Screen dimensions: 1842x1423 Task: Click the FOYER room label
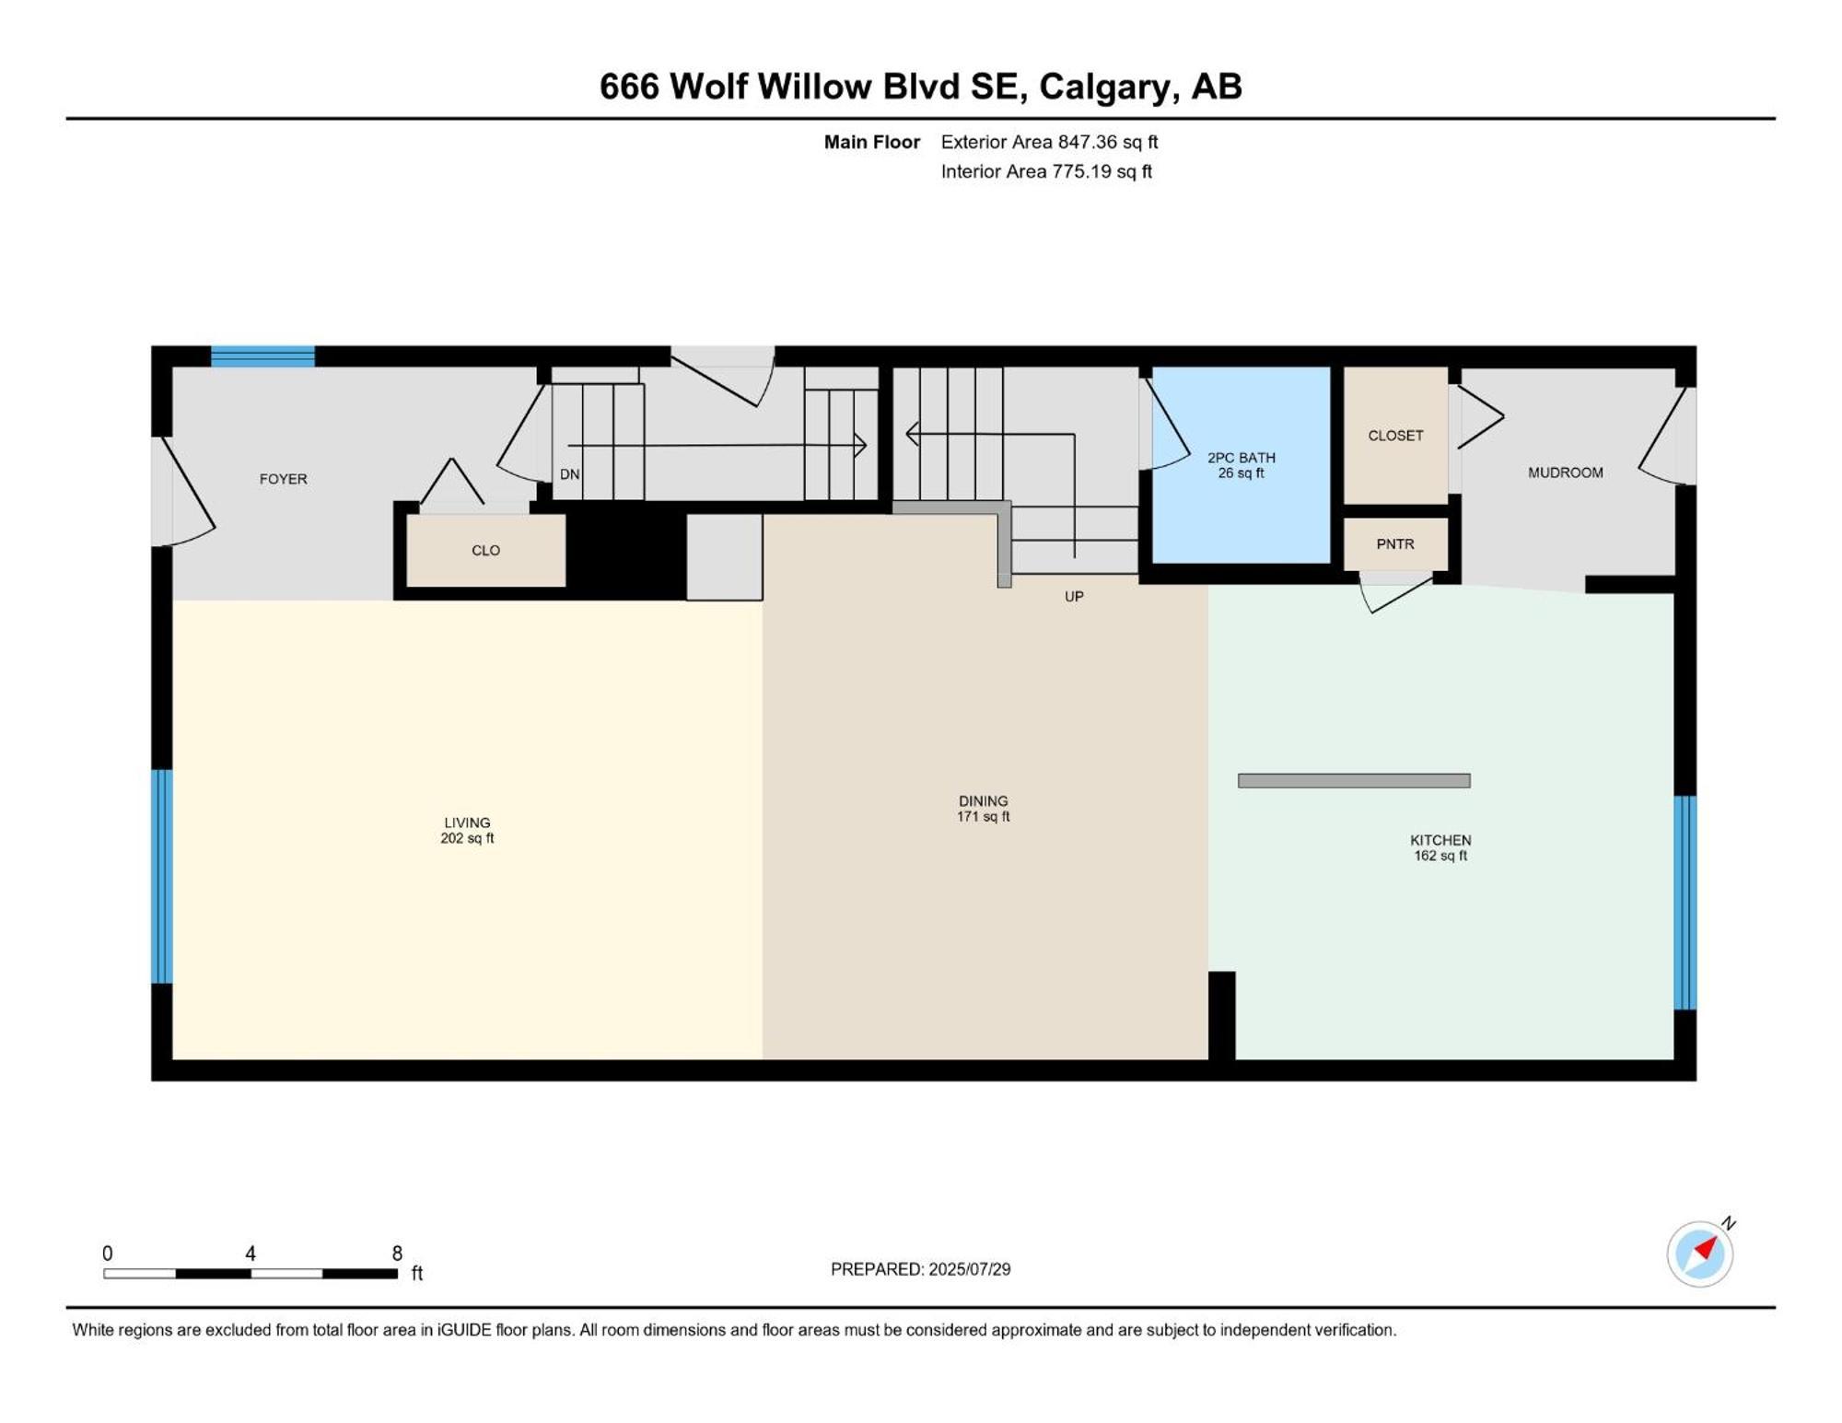pyautogui.click(x=283, y=479)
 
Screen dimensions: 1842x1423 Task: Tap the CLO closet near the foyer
pyautogui.click(x=486, y=550)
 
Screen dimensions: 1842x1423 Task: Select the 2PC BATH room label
pyautogui.click(x=1242, y=465)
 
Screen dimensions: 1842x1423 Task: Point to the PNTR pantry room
pyautogui.click(x=1395, y=544)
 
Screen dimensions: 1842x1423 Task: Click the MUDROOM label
pyautogui.click(x=1566, y=472)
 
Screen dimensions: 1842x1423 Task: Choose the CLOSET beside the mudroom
pyautogui.click(x=1395, y=436)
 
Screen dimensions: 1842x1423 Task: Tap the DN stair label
pyautogui.click(x=570, y=474)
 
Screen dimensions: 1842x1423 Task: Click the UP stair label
pyautogui.click(x=1074, y=597)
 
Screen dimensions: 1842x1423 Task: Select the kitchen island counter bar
pyautogui.click(x=1354, y=781)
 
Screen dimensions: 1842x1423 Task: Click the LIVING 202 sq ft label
pyautogui.click(x=467, y=830)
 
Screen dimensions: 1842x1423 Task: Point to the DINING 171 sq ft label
pyautogui.click(x=984, y=809)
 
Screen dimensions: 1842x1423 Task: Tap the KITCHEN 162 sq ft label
pyautogui.click(x=1440, y=847)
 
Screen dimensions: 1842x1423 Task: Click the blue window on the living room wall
pyautogui.click(x=162, y=877)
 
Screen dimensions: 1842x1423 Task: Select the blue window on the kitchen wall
pyautogui.click(x=1685, y=903)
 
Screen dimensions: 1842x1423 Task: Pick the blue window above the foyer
pyautogui.click(x=262, y=356)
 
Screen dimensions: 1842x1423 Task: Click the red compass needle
pyautogui.click(x=1707, y=1249)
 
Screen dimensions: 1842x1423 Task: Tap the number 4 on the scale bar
pyautogui.click(x=251, y=1254)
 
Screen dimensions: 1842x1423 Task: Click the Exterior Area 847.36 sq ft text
pyautogui.click(x=1049, y=142)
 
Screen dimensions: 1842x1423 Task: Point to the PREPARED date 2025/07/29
pyautogui.click(x=970, y=1269)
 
